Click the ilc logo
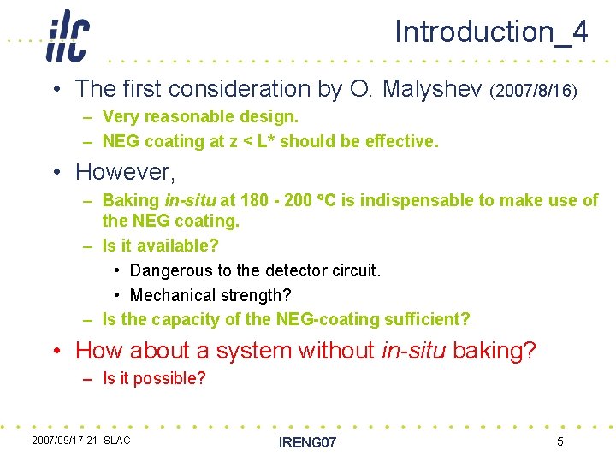point(67,36)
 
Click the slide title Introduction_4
point(491,32)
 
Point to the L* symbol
point(268,141)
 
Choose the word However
point(125,171)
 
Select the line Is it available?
point(160,246)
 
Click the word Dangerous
point(169,270)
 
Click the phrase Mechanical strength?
point(210,295)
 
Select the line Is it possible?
point(154,378)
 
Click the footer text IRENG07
point(308,442)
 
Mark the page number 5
point(560,441)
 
